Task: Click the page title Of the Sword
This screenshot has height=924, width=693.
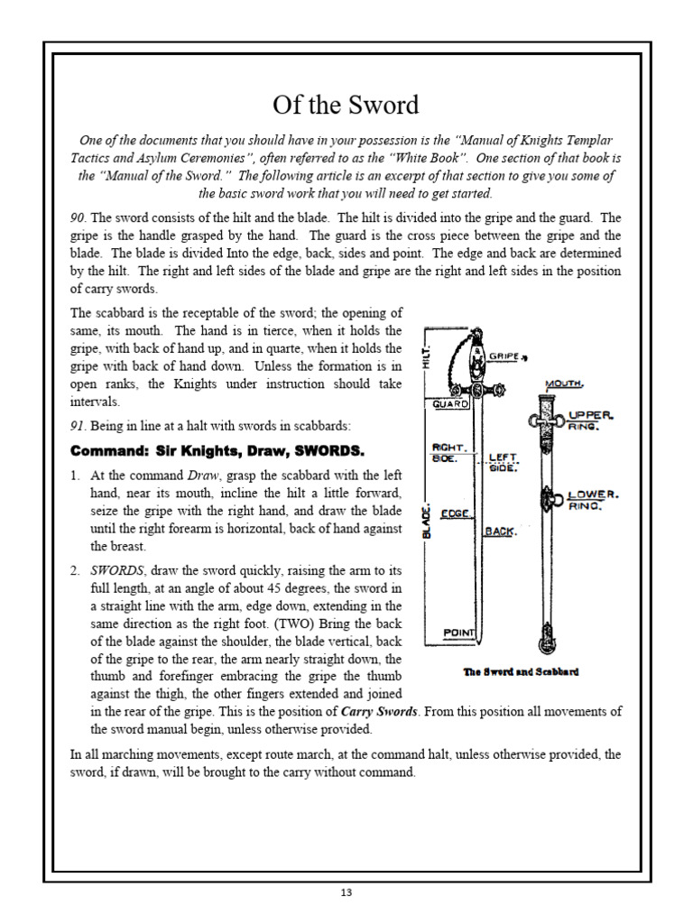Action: [346, 105]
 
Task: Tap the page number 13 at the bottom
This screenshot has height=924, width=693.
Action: [346, 892]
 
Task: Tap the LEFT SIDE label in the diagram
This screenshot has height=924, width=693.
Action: [504, 462]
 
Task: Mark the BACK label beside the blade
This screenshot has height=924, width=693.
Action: [499, 531]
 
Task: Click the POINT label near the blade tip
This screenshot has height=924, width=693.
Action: [458, 633]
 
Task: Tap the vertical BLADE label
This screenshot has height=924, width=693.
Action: [428, 521]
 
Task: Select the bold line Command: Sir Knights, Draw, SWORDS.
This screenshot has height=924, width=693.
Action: [217, 450]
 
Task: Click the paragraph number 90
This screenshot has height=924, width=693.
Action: [79, 217]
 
